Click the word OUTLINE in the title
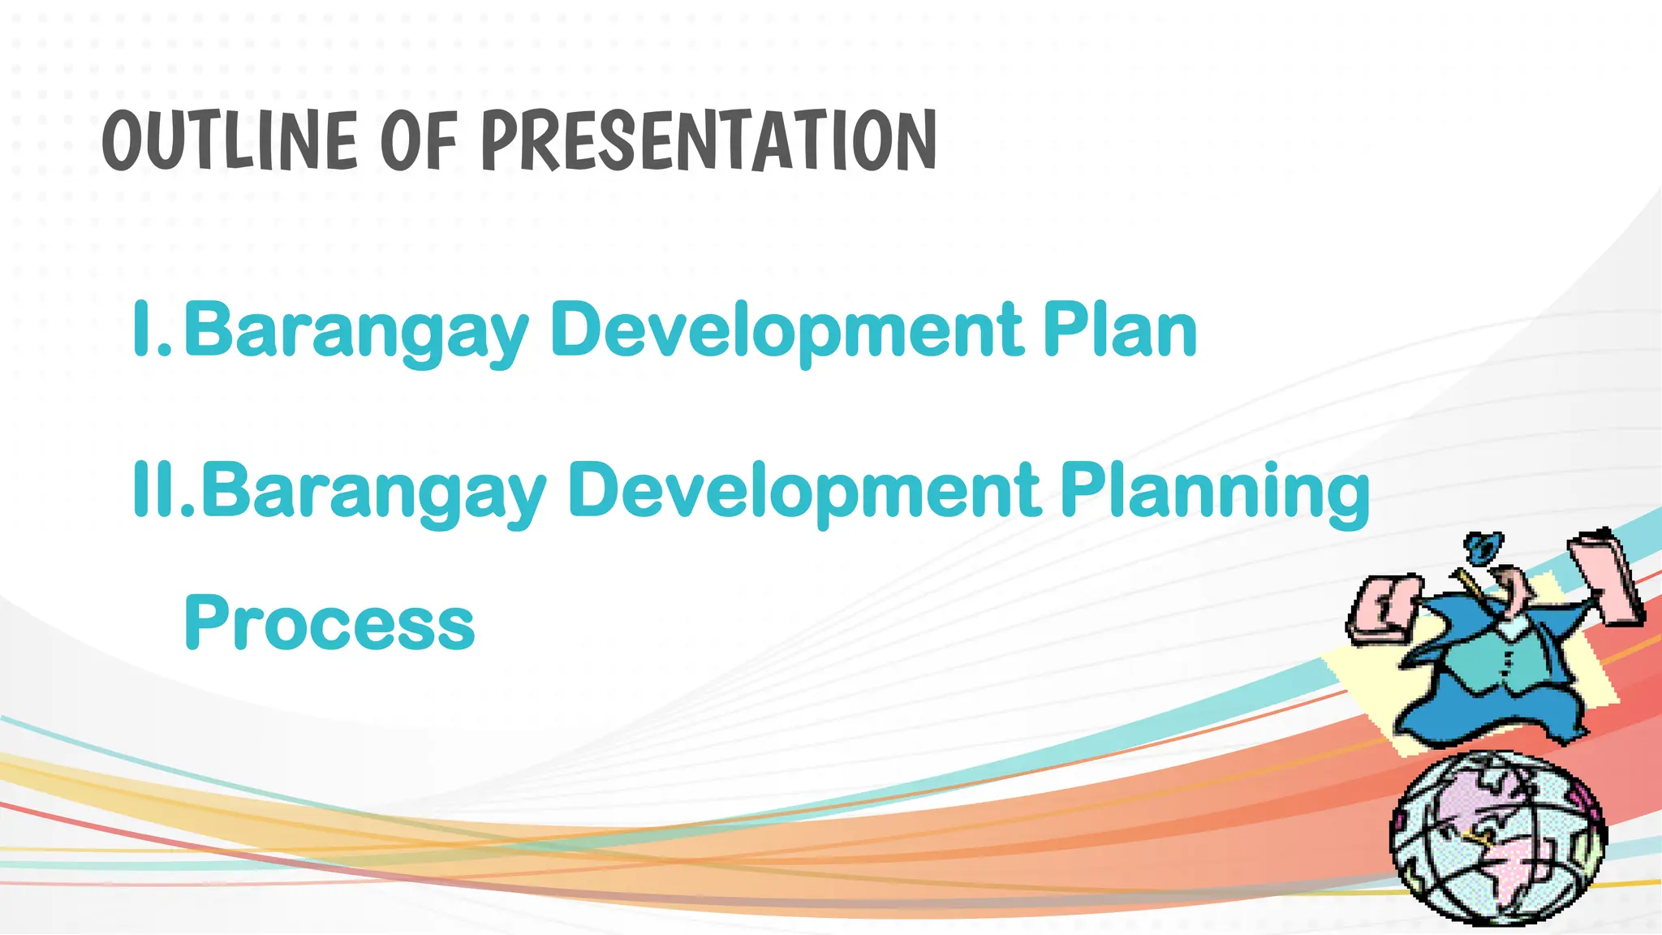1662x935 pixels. (229, 141)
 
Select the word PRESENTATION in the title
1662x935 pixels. (709, 141)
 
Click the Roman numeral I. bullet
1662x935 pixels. (152, 329)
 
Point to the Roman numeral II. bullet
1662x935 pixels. (162, 489)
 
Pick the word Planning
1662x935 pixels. (1215, 491)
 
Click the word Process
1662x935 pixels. (329, 623)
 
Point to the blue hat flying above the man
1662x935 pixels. (1482, 548)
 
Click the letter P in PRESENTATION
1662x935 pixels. (501, 141)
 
